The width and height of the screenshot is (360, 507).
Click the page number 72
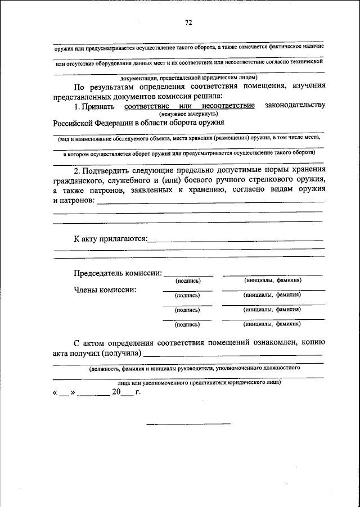[x=188, y=23]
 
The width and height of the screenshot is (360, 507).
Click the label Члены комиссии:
[x=105, y=290]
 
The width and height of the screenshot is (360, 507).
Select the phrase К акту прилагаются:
[x=111, y=238]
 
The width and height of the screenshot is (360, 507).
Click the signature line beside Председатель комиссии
[x=188, y=275]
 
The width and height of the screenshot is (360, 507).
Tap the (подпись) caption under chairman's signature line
[x=188, y=280]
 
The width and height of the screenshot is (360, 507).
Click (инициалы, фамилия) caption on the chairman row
[x=273, y=280]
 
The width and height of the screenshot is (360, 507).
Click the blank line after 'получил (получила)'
[x=233, y=355]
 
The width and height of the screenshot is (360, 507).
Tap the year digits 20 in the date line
[x=116, y=392]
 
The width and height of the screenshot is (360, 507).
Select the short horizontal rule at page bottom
[x=188, y=423]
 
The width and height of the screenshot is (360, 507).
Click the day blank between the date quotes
[x=64, y=393]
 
